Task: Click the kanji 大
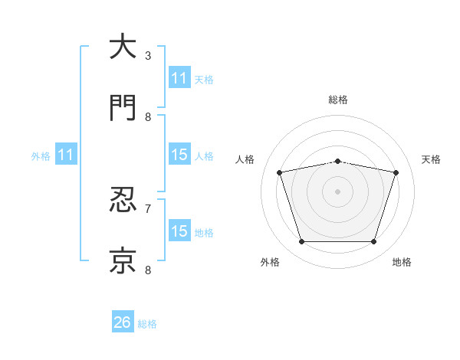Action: (x=123, y=46)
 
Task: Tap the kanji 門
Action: (x=123, y=107)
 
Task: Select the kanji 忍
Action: (x=123, y=199)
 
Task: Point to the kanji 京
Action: (x=123, y=260)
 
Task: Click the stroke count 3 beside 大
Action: (x=148, y=56)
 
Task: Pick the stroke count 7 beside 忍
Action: (x=148, y=209)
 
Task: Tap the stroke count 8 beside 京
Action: (x=148, y=270)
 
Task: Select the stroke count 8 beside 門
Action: (x=148, y=117)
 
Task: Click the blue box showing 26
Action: (x=123, y=321)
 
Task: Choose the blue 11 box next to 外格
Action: (x=66, y=154)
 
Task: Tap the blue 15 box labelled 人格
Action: (x=180, y=154)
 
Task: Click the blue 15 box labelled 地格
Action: (x=180, y=230)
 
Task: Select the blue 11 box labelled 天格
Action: (x=180, y=77)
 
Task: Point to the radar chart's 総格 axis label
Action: (x=338, y=100)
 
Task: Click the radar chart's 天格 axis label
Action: (x=431, y=159)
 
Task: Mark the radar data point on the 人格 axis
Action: (x=280, y=172)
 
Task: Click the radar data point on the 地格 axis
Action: (x=374, y=242)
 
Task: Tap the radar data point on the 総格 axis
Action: (x=337, y=162)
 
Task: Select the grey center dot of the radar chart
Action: (x=337, y=191)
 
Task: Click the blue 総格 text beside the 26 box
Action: (x=147, y=324)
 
